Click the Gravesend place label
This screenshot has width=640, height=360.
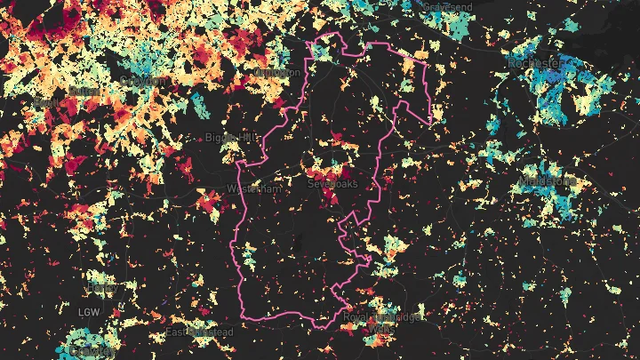pyautogui.click(x=446, y=6)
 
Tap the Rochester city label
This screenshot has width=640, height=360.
pyautogui.click(x=536, y=64)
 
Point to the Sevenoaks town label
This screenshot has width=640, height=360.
pyautogui.click(x=330, y=183)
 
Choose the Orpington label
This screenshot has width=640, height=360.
pyautogui.click(x=276, y=73)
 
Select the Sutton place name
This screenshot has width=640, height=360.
pyautogui.click(x=82, y=91)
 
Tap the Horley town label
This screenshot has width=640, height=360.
pyautogui.click(x=102, y=288)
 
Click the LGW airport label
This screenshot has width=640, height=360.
pyautogui.click(x=89, y=312)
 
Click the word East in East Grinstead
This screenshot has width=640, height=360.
pyautogui.click(x=177, y=332)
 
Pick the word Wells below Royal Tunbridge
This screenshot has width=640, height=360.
pyautogui.click(x=384, y=329)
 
